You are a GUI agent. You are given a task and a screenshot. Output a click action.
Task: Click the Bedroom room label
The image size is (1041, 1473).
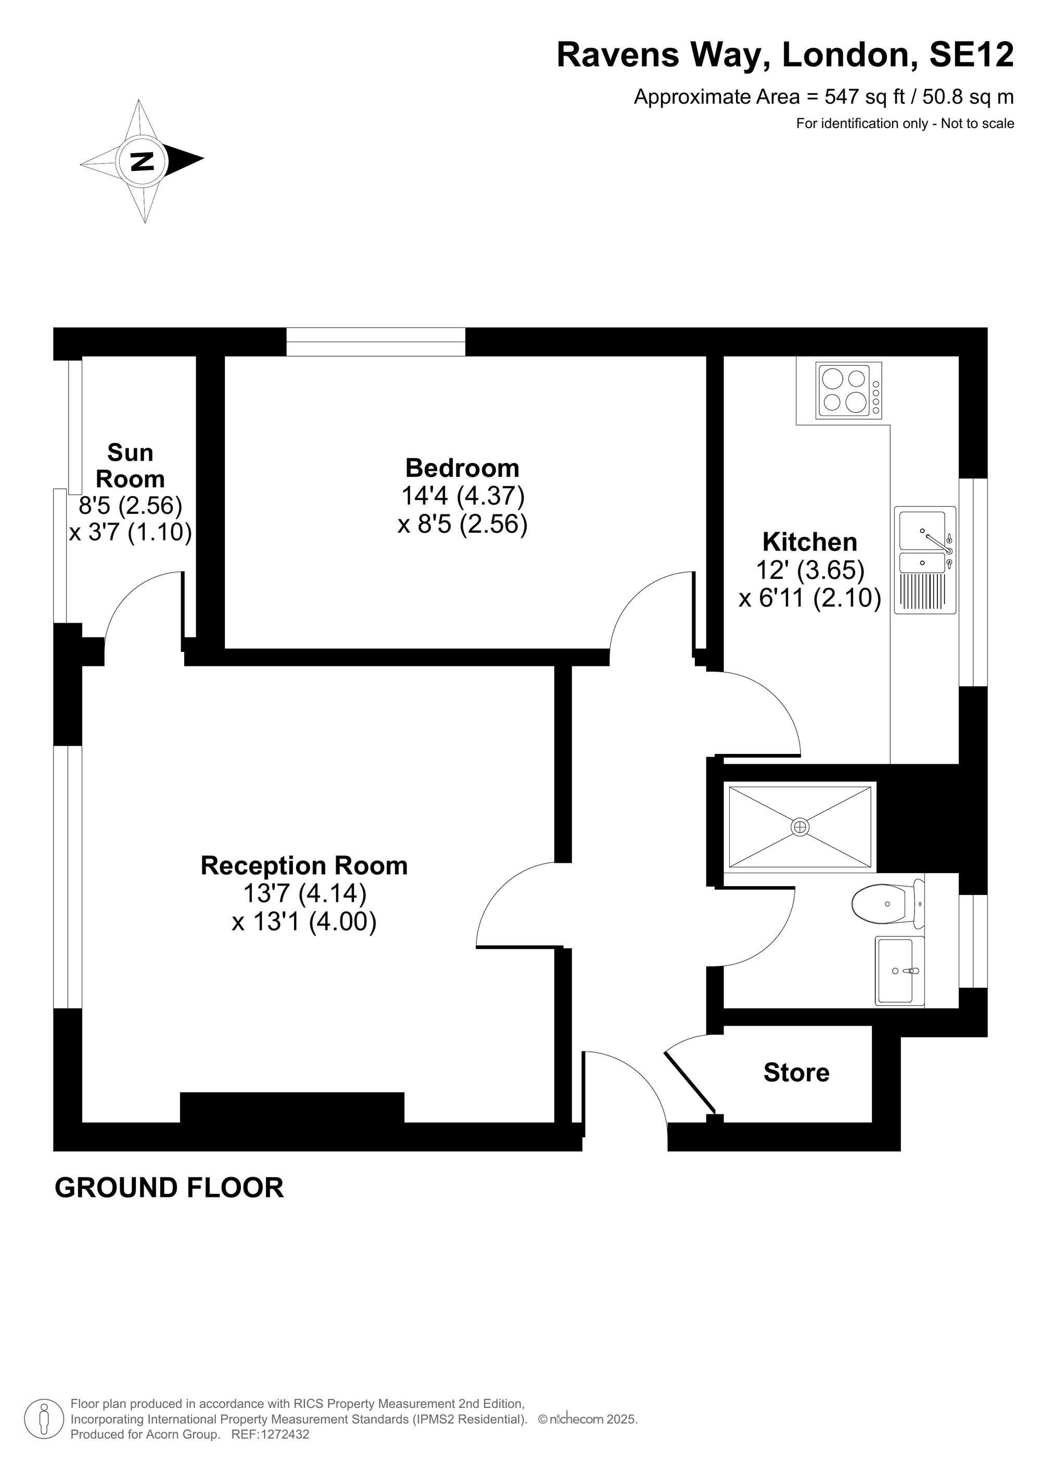(x=462, y=468)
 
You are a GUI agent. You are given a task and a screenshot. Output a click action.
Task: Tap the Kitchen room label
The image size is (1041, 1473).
(x=809, y=542)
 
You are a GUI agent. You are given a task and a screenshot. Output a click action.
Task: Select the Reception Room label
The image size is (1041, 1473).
(x=304, y=866)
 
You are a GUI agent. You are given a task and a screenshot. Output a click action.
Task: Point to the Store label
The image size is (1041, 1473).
(x=796, y=1073)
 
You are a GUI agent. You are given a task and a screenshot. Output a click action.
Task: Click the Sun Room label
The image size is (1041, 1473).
(x=130, y=466)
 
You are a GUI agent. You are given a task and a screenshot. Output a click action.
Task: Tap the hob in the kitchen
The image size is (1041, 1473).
(x=848, y=389)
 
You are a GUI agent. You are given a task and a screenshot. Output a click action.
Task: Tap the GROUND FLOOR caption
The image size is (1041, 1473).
(x=169, y=1188)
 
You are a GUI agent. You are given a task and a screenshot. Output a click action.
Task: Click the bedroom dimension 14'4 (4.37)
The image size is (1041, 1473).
(x=462, y=496)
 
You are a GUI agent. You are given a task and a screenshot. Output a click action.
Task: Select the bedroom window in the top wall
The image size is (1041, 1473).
(x=376, y=342)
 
